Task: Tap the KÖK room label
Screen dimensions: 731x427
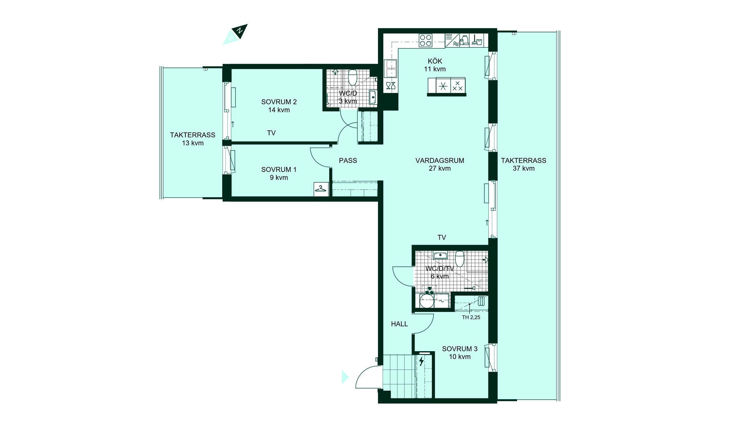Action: point(435,61)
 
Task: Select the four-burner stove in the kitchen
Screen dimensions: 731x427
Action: point(425,40)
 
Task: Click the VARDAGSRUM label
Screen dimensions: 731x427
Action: point(440,161)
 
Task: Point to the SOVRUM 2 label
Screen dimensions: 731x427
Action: point(279,102)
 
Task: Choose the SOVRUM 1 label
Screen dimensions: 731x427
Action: point(279,170)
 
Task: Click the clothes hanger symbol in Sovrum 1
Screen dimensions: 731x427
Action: point(321,189)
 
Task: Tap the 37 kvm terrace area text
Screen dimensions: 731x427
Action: point(524,169)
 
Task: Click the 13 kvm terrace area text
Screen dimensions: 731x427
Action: point(193,143)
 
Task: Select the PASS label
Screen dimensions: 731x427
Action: point(348,161)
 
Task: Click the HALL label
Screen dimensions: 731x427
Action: point(399,324)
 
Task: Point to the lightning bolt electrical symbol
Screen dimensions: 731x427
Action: point(421,361)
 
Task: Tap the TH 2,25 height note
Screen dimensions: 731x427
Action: point(471,317)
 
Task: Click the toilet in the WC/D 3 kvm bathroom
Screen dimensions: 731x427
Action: point(353,77)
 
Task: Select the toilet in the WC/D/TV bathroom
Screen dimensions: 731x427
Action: point(460,258)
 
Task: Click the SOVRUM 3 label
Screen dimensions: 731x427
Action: point(460,349)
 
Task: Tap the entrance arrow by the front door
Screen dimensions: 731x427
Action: point(345,377)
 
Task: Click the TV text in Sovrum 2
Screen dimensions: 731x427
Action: point(271,133)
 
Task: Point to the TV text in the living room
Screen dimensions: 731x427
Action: point(442,238)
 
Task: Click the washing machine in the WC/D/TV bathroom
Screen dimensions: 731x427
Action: point(427,301)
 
